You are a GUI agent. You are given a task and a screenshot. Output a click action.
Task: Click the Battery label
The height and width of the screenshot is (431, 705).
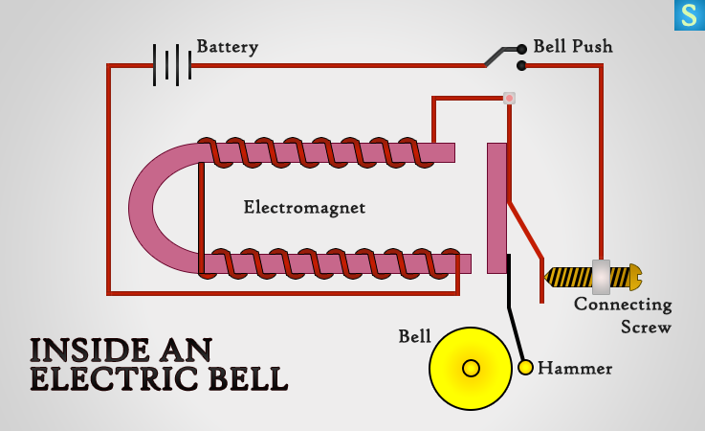click(x=227, y=46)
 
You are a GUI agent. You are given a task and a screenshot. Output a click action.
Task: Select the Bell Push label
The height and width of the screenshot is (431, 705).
click(x=573, y=46)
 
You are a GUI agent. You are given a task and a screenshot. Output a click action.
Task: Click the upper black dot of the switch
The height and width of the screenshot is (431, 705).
click(x=521, y=48)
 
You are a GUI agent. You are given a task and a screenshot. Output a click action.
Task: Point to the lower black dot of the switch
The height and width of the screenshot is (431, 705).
click(x=521, y=65)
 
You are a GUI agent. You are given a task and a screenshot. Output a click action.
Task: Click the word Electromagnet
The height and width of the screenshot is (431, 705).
click(x=304, y=207)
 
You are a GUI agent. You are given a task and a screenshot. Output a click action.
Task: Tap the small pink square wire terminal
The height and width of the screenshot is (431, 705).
click(x=509, y=98)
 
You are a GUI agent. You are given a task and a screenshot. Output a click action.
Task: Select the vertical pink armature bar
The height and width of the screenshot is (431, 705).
click(x=496, y=207)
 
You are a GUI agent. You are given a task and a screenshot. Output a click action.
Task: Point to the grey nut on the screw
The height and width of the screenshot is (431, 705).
click(x=601, y=277)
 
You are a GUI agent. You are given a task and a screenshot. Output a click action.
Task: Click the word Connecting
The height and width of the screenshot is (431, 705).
click(x=623, y=306)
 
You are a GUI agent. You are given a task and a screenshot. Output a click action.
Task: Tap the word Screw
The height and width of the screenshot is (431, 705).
click(x=646, y=327)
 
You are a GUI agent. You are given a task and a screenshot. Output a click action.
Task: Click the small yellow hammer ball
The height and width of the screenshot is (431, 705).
click(x=526, y=367)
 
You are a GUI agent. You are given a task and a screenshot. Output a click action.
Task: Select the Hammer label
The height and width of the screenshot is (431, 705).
click(x=575, y=368)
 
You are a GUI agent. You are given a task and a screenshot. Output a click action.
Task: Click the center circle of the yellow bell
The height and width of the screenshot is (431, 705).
click(x=471, y=368)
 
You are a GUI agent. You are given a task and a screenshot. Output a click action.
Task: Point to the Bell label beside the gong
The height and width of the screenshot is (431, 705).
click(x=414, y=337)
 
